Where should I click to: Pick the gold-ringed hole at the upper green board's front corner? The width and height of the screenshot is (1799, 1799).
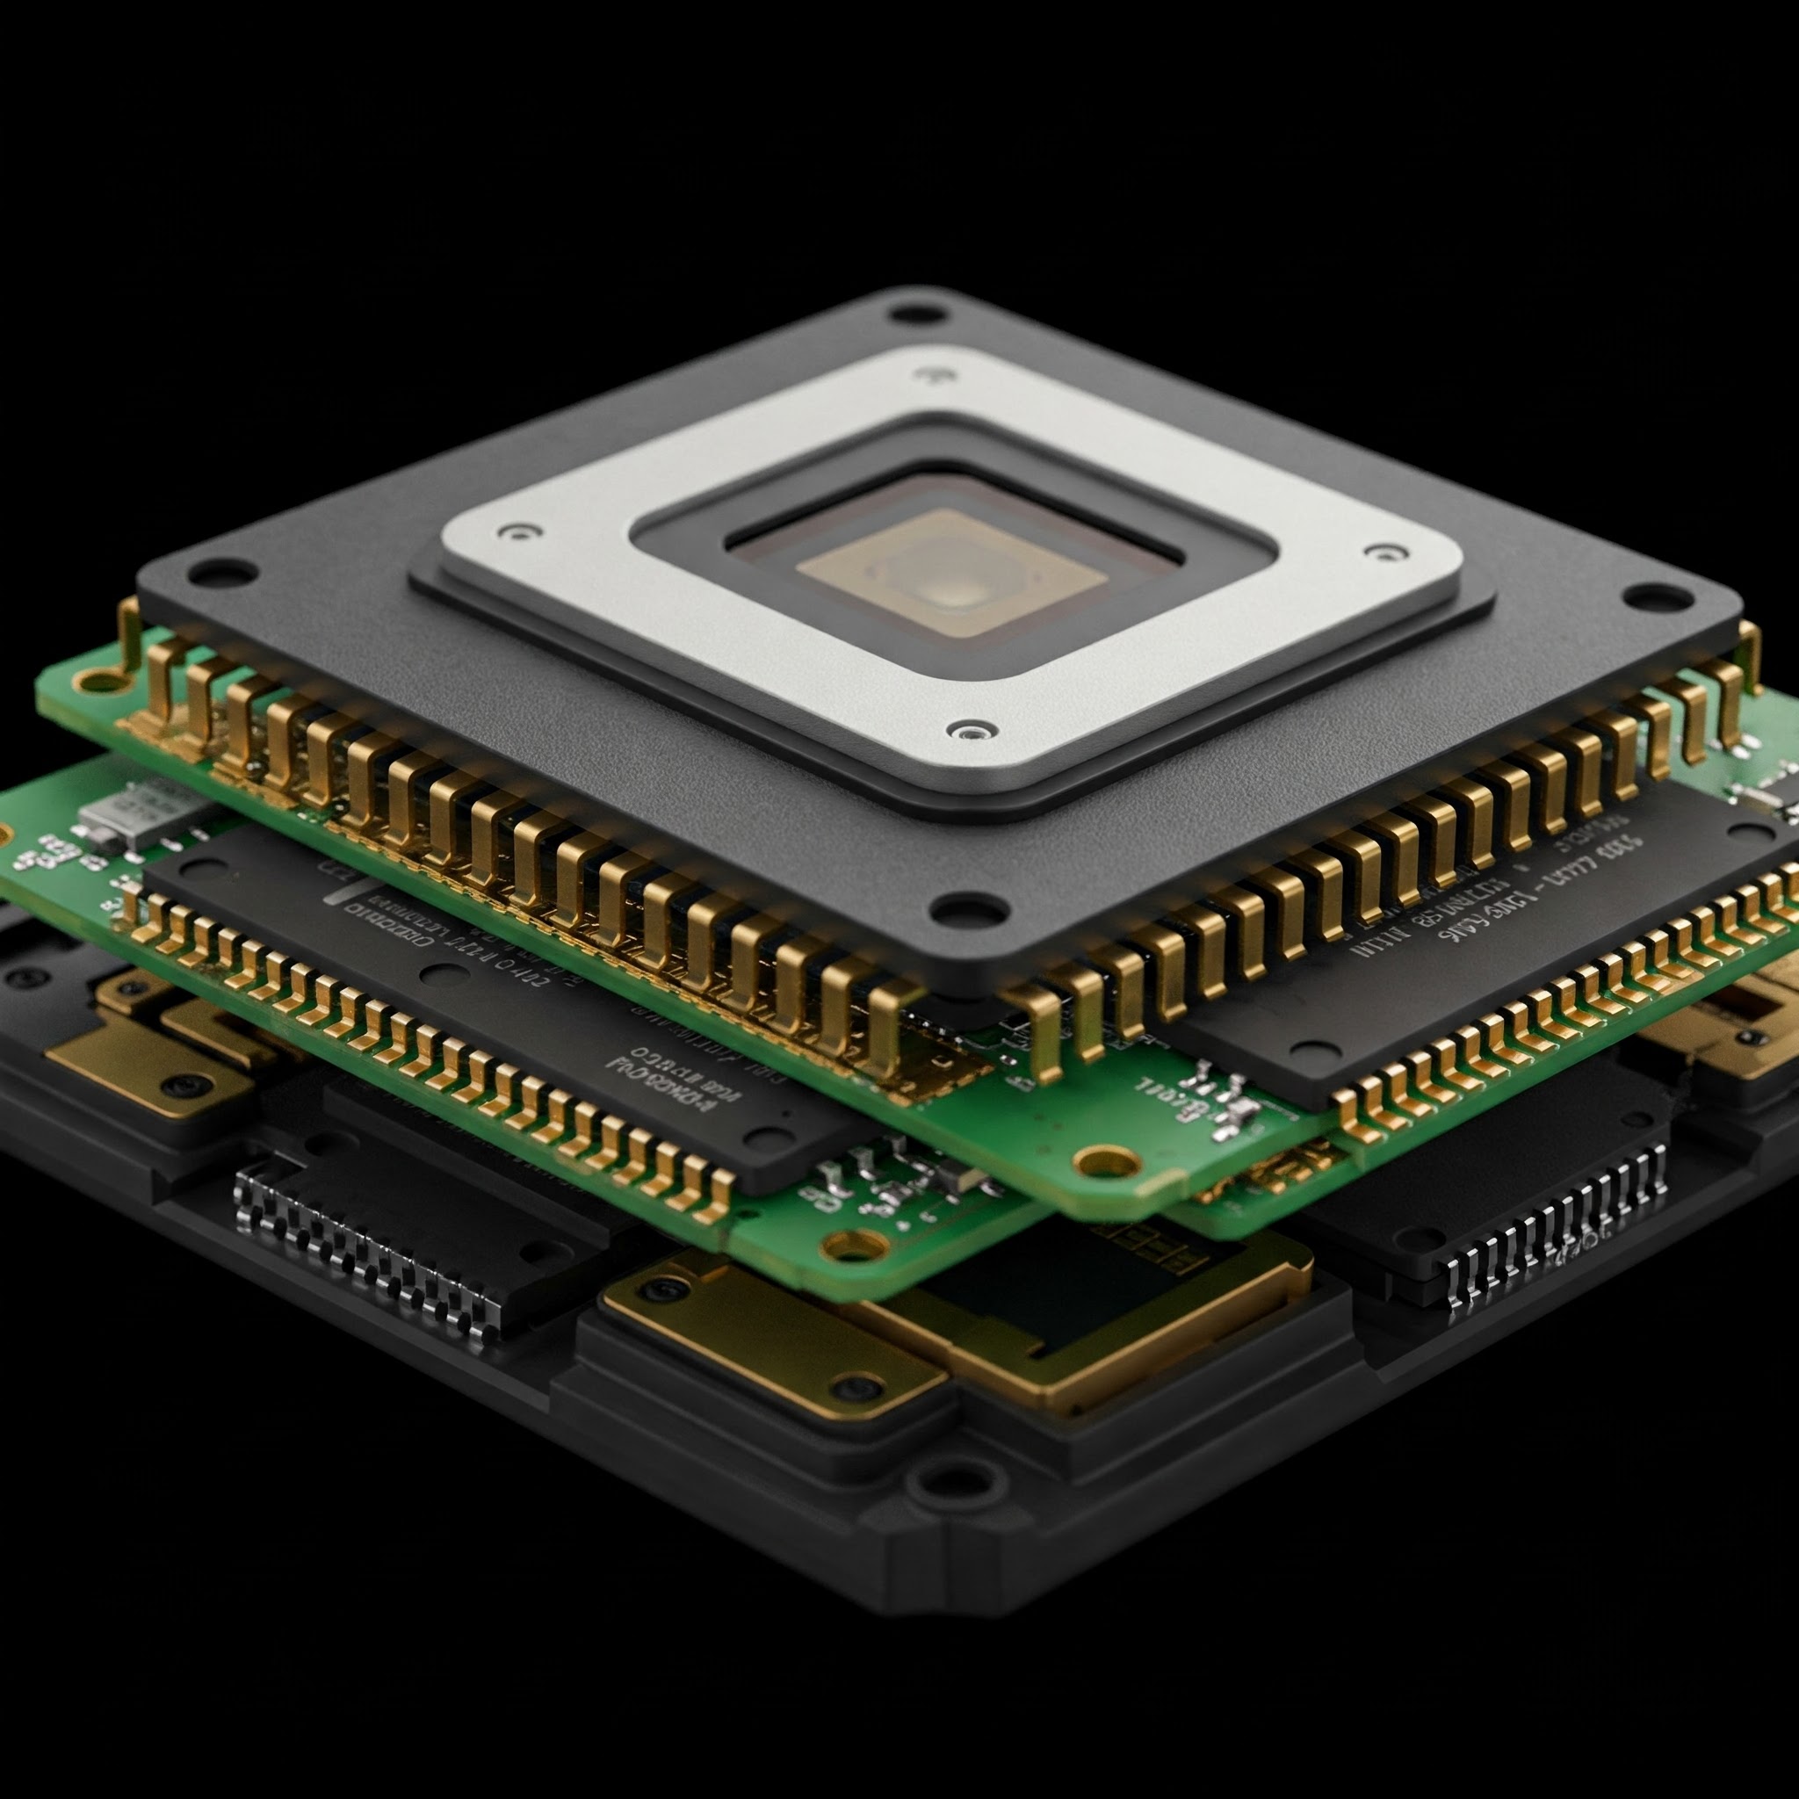point(1106,1161)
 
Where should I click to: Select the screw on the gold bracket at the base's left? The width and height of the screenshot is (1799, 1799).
point(180,1087)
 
